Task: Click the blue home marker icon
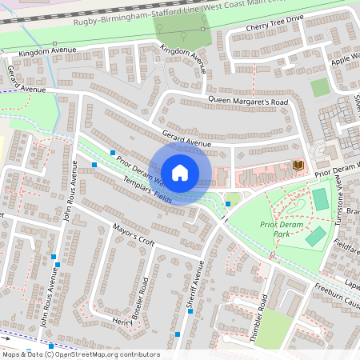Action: coord(180,173)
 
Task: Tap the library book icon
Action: coord(298,165)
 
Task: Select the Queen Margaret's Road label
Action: coord(247,102)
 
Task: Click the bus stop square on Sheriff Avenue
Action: coord(190,311)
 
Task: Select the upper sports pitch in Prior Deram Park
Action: coord(320,199)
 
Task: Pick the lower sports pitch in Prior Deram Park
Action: coord(315,236)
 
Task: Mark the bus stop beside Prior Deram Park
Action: coord(228,204)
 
